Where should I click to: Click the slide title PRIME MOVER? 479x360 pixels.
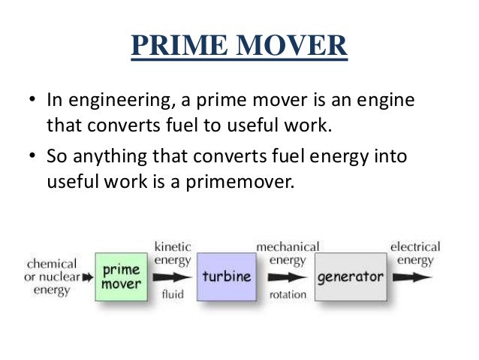[x=239, y=46]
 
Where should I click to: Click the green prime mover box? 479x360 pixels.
[x=122, y=277]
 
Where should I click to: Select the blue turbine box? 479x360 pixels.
[x=226, y=277]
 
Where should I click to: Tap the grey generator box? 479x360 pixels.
[x=350, y=277]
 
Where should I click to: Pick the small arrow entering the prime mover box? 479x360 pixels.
[x=88, y=277]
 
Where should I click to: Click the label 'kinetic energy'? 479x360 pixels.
[x=173, y=253]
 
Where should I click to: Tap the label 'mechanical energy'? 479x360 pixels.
[x=288, y=253]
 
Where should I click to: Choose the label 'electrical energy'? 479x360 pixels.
[x=415, y=253]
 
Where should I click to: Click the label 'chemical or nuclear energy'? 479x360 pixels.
[x=52, y=277]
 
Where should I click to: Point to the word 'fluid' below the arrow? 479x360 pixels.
[x=173, y=295]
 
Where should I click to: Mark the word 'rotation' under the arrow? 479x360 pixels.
[x=288, y=295]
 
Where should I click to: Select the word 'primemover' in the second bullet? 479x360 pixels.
[x=243, y=181]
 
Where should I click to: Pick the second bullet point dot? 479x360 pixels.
[x=33, y=157]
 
